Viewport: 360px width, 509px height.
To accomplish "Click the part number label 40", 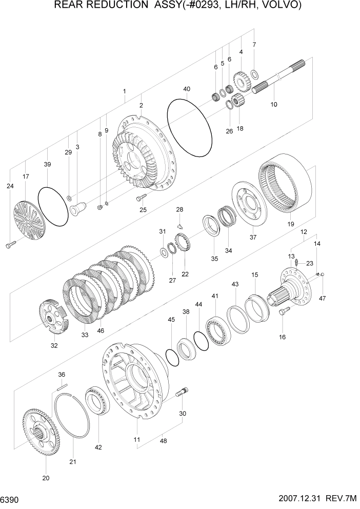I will [x=186, y=89].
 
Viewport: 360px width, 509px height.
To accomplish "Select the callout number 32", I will [x=54, y=345].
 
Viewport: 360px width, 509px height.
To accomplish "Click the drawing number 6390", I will [x=10, y=499].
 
